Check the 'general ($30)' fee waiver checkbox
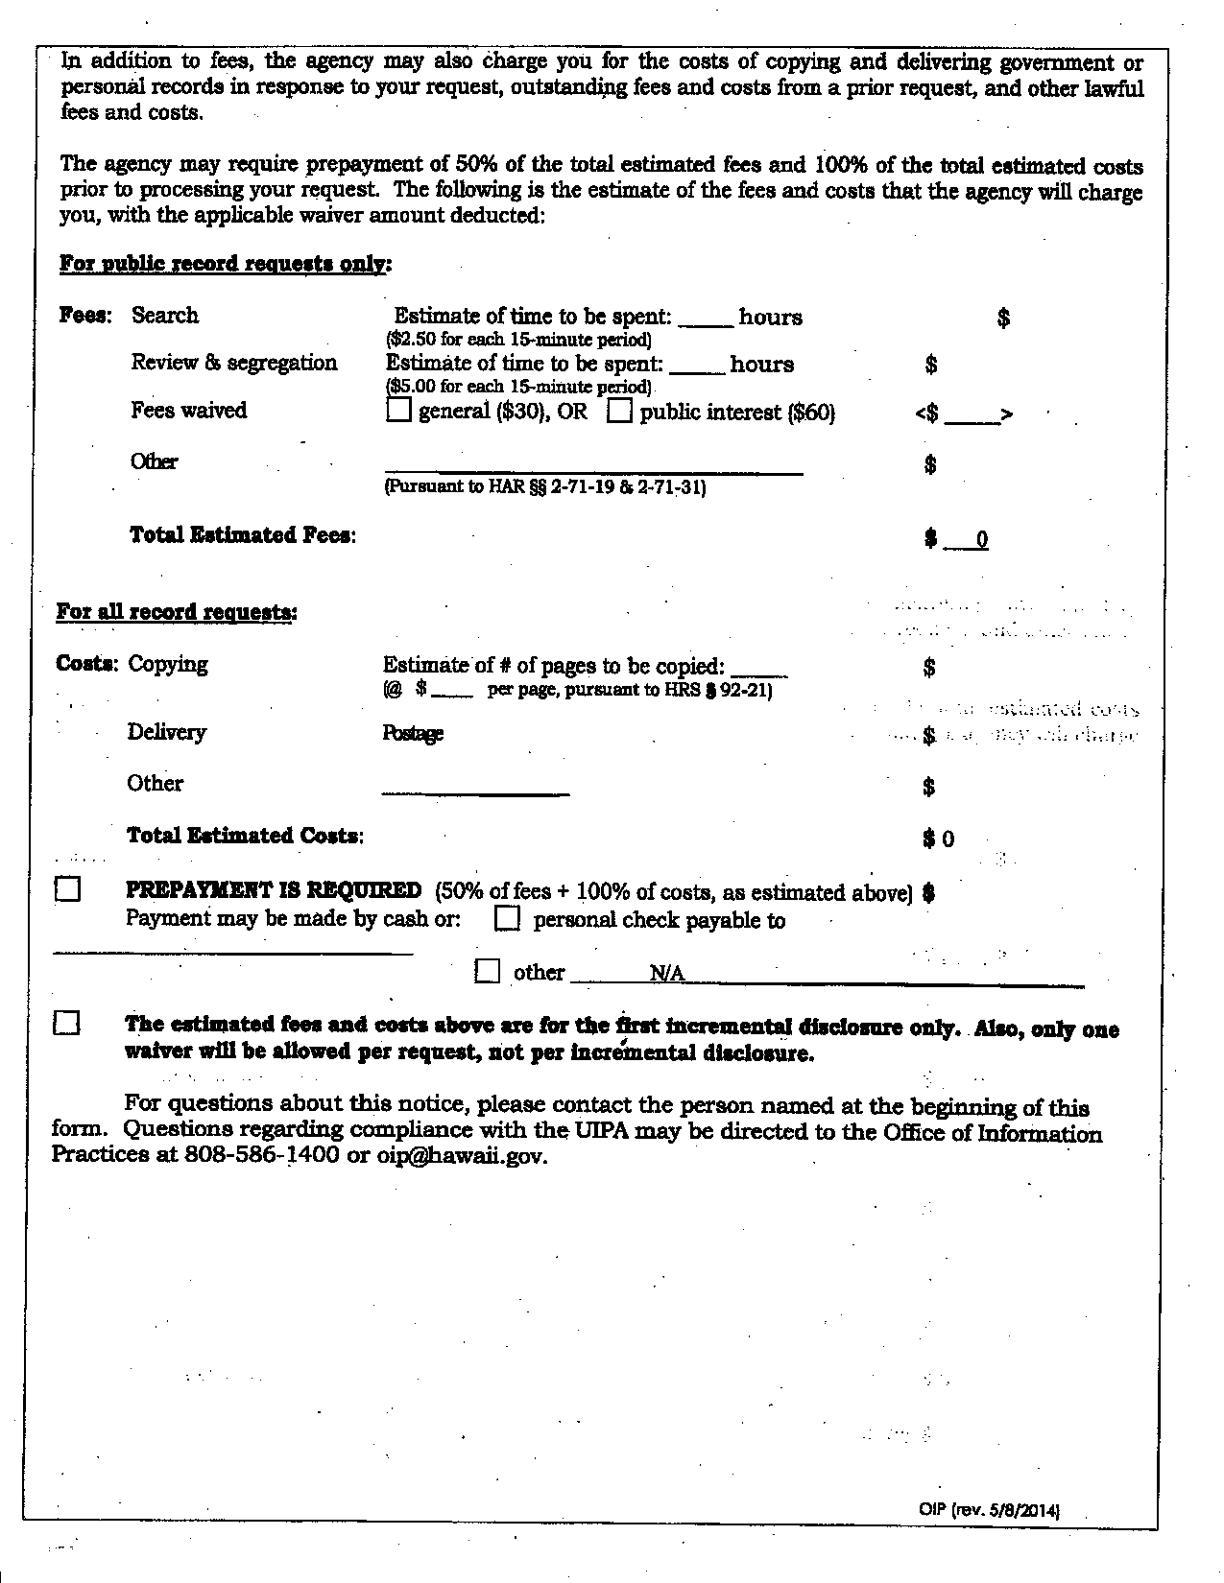pos(398,412)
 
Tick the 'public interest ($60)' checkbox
pos(621,412)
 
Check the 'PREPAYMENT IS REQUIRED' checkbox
pos(67,890)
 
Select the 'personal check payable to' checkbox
pos(507,919)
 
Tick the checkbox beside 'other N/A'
pos(488,971)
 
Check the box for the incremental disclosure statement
pos(67,1024)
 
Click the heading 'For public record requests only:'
pos(226,264)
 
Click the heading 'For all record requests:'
pos(177,612)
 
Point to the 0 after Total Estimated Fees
pos(981,540)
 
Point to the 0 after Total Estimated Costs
pos(948,839)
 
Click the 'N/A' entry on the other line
pos(667,974)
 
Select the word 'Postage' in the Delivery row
pos(413,734)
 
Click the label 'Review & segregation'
pos(234,363)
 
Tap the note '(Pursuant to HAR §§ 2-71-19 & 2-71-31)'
pos(544,487)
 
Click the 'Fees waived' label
pos(189,411)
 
